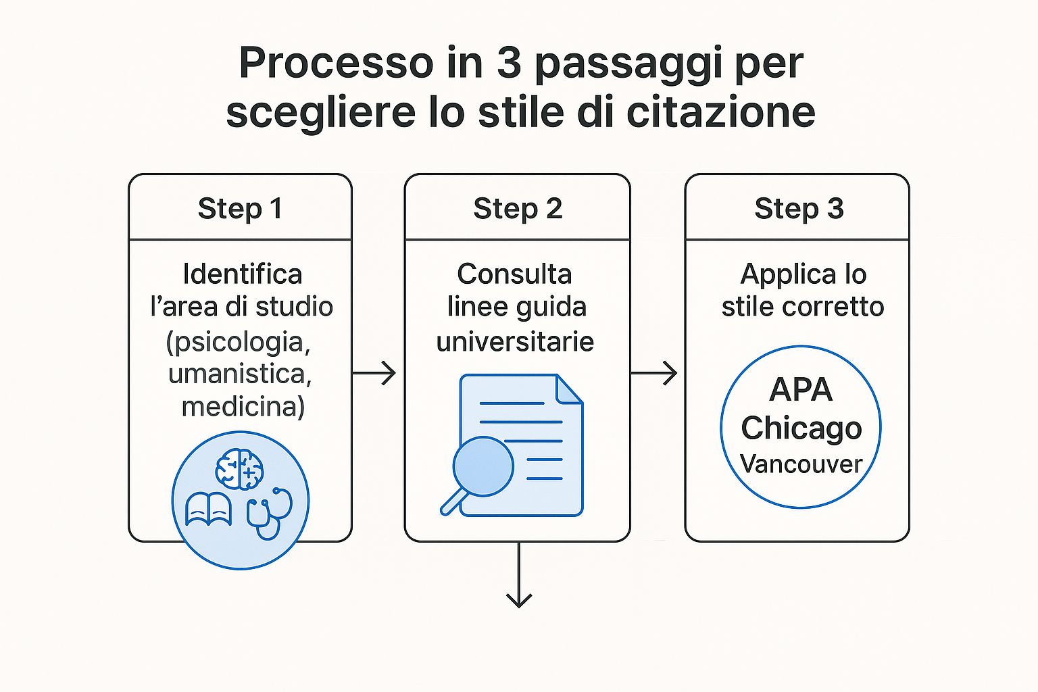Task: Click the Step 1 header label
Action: coord(240,209)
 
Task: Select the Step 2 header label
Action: coord(518,209)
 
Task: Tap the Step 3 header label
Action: coord(799,209)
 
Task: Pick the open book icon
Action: coord(208,510)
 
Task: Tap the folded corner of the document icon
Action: coord(568,389)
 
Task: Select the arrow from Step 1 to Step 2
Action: coord(374,372)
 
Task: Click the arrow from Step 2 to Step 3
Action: coord(654,372)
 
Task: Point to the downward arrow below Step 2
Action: coord(518,574)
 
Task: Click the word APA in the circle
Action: coord(801,390)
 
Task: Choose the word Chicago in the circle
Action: coord(801,428)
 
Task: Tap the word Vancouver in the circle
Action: coord(801,464)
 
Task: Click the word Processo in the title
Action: coord(336,63)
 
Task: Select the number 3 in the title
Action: coord(509,63)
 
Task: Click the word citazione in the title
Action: coord(721,112)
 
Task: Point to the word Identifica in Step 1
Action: coord(242,274)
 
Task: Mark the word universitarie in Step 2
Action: coord(515,341)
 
